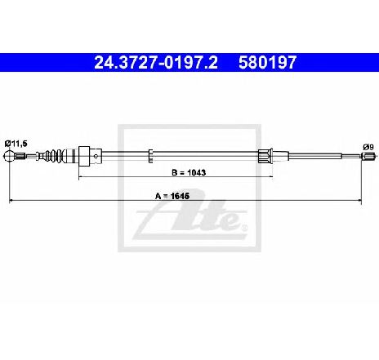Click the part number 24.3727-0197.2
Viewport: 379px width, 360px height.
click(x=156, y=63)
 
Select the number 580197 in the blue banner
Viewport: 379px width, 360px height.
click(x=267, y=63)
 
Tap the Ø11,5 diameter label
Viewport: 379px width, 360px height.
click(x=16, y=144)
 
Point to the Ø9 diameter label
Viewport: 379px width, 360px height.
click(x=368, y=147)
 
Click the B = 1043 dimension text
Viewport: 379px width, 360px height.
click(x=189, y=172)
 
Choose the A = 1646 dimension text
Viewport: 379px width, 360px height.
click(x=172, y=196)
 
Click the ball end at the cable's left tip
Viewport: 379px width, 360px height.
click(x=8, y=156)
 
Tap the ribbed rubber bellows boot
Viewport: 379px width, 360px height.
click(x=54, y=156)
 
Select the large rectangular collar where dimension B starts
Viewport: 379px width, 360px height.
click(x=84, y=156)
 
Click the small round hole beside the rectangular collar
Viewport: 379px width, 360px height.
click(x=96, y=156)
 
